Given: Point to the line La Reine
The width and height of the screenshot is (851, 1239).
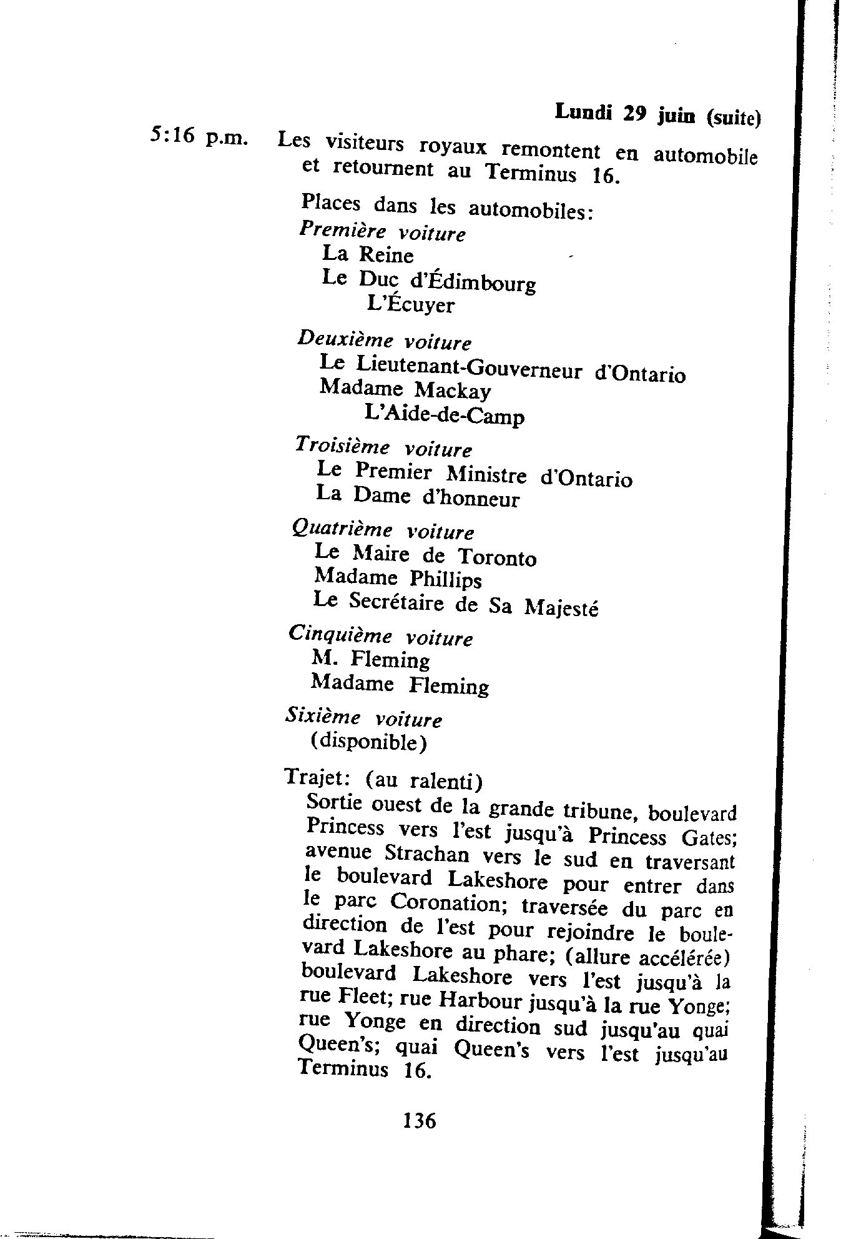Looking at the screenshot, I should pyautogui.click(x=367, y=254).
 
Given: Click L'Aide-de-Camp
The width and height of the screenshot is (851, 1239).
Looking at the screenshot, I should pyautogui.click(x=443, y=415).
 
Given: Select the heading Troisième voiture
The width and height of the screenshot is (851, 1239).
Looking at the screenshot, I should pyautogui.click(x=383, y=447).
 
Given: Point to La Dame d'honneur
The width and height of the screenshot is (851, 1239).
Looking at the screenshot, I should pyautogui.click(x=417, y=497).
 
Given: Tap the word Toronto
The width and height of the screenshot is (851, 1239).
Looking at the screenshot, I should pyautogui.click(x=496, y=557).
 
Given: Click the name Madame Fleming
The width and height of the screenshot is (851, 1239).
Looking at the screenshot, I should pyautogui.click(x=400, y=685).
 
